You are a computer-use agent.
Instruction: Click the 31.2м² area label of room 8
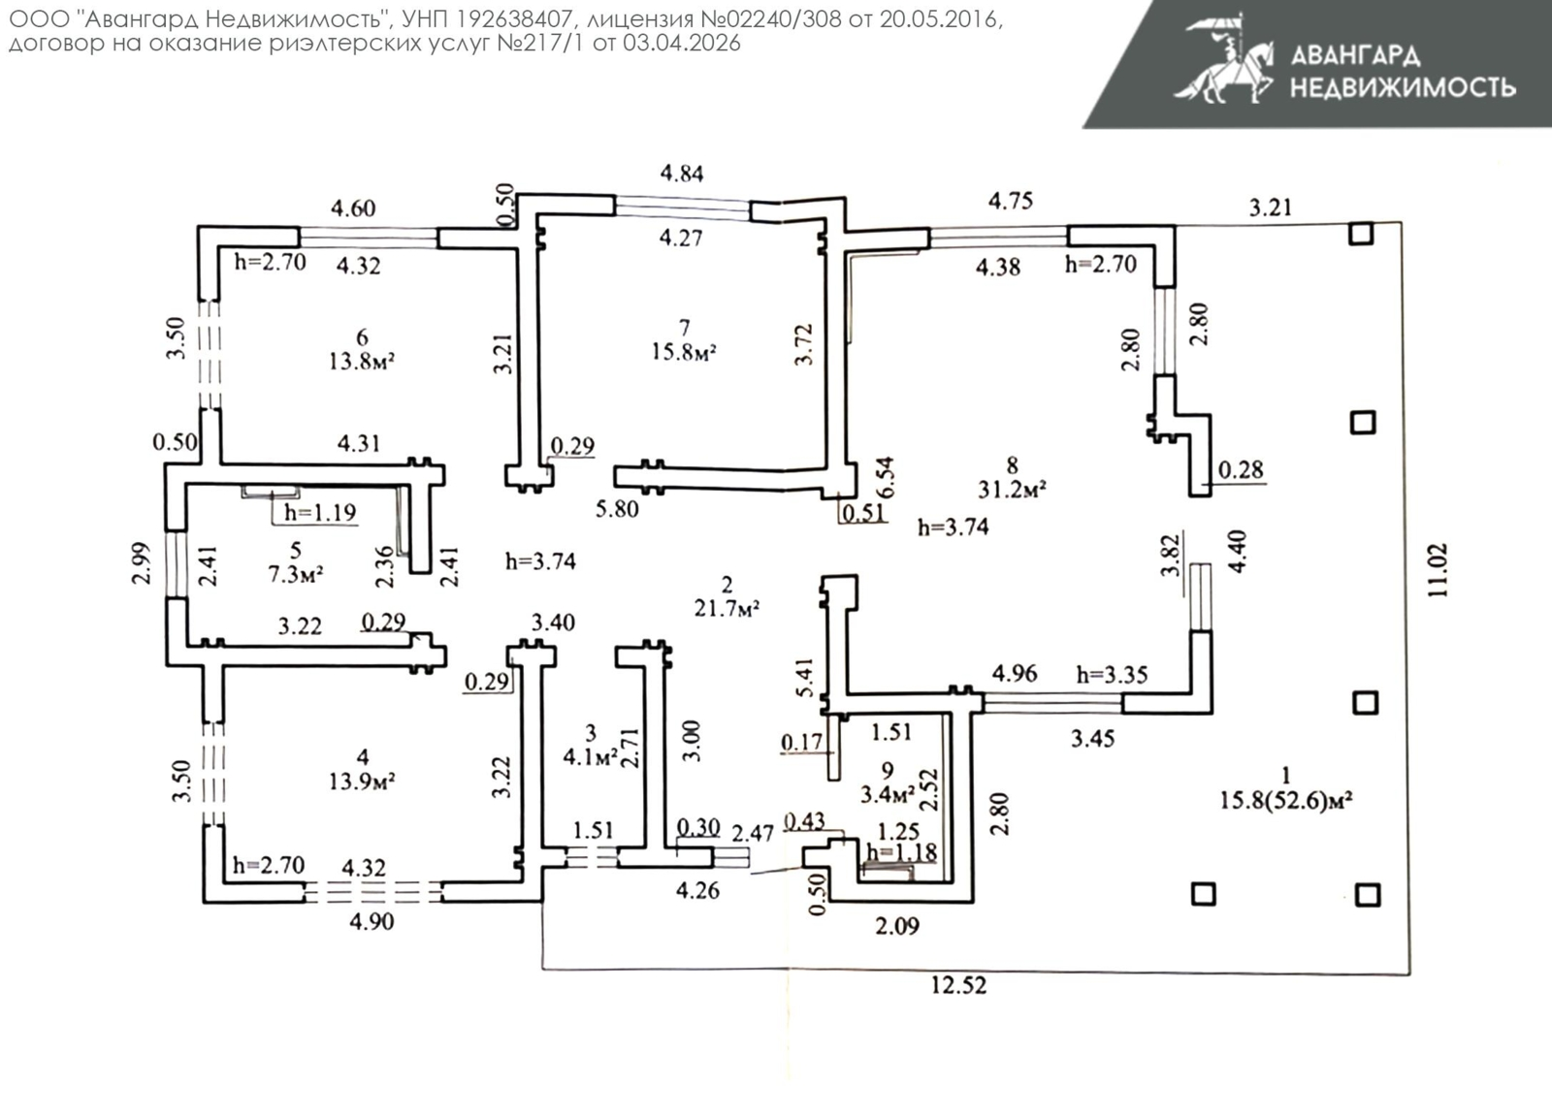pos(1012,490)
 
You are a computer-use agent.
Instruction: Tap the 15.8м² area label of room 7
pos(683,351)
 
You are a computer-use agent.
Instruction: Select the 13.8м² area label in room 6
pos(361,362)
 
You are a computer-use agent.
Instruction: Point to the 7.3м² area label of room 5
pos(295,574)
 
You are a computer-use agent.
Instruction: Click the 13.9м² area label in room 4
pos(361,781)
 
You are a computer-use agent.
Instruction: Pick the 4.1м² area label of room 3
pos(591,757)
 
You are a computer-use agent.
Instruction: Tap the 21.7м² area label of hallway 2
pos(727,608)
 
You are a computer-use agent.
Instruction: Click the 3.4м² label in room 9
pos(888,795)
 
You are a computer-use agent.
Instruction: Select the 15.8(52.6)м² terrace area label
pos(1285,800)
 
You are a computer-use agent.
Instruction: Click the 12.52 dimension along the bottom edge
pos(958,985)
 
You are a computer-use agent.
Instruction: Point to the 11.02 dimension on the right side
pos(1438,569)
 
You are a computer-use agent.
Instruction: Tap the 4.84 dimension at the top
pos(682,174)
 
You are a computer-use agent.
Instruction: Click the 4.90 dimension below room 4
pos(372,921)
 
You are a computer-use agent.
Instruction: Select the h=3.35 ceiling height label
pos(1112,674)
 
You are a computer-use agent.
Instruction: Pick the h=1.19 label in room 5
pos(320,512)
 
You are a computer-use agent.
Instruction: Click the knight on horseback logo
pos(1224,60)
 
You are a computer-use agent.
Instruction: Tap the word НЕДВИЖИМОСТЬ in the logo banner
pos(1402,87)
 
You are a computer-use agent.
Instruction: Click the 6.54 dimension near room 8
pos(885,477)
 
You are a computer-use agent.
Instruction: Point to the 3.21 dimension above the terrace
pos(1270,207)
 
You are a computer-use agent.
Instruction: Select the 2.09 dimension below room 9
pos(897,926)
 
